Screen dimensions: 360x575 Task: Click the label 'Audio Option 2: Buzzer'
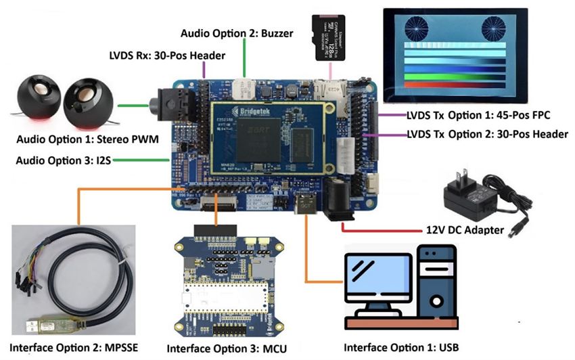coord(236,33)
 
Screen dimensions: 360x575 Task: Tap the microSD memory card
coord(332,37)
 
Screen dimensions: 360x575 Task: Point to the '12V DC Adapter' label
coord(465,230)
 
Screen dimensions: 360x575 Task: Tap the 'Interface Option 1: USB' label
coord(401,347)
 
